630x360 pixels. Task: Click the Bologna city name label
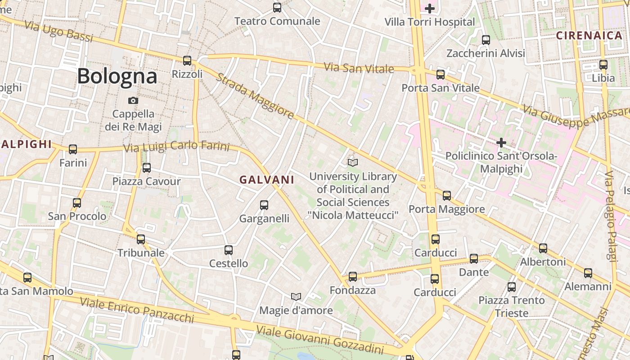(117, 76)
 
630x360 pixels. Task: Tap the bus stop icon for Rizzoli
(187, 60)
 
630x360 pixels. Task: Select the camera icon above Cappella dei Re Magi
(133, 100)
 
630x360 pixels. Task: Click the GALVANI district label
(267, 180)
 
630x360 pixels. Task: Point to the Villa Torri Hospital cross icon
(430, 8)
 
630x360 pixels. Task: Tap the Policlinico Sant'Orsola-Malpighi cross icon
(501, 143)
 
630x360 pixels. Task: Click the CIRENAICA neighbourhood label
(589, 36)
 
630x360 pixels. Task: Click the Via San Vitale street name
(359, 68)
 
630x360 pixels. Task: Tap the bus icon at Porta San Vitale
(441, 74)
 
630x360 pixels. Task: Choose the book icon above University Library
(353, 162)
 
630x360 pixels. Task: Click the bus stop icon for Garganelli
(264, 205)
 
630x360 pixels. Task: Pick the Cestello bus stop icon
(229, 250)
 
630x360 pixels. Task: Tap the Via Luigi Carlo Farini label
(176, 147)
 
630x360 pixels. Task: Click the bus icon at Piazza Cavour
(146, 168)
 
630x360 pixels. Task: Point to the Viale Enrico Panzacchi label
(137, 310)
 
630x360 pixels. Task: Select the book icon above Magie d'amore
(296, 297)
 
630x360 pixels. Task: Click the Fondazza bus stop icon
(353, 277)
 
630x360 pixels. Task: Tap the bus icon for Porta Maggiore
(446, 195)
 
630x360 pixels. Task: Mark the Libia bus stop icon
(603, 64)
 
